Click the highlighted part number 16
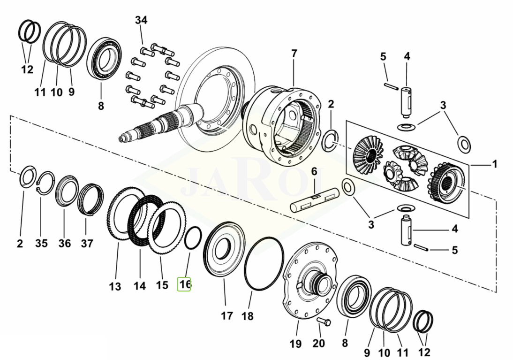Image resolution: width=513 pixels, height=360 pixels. point(184,284)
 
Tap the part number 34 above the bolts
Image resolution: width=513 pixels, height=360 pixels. point(141,20)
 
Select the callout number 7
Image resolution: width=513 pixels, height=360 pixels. point(294,54)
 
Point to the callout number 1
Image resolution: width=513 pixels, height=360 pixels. point(494,165)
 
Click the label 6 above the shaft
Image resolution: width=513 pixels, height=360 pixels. point(315,172)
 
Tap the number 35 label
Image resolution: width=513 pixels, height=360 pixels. point(41,244)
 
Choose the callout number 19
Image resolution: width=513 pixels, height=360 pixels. point(295,344)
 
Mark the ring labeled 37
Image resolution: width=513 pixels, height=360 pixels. point(90,199)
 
